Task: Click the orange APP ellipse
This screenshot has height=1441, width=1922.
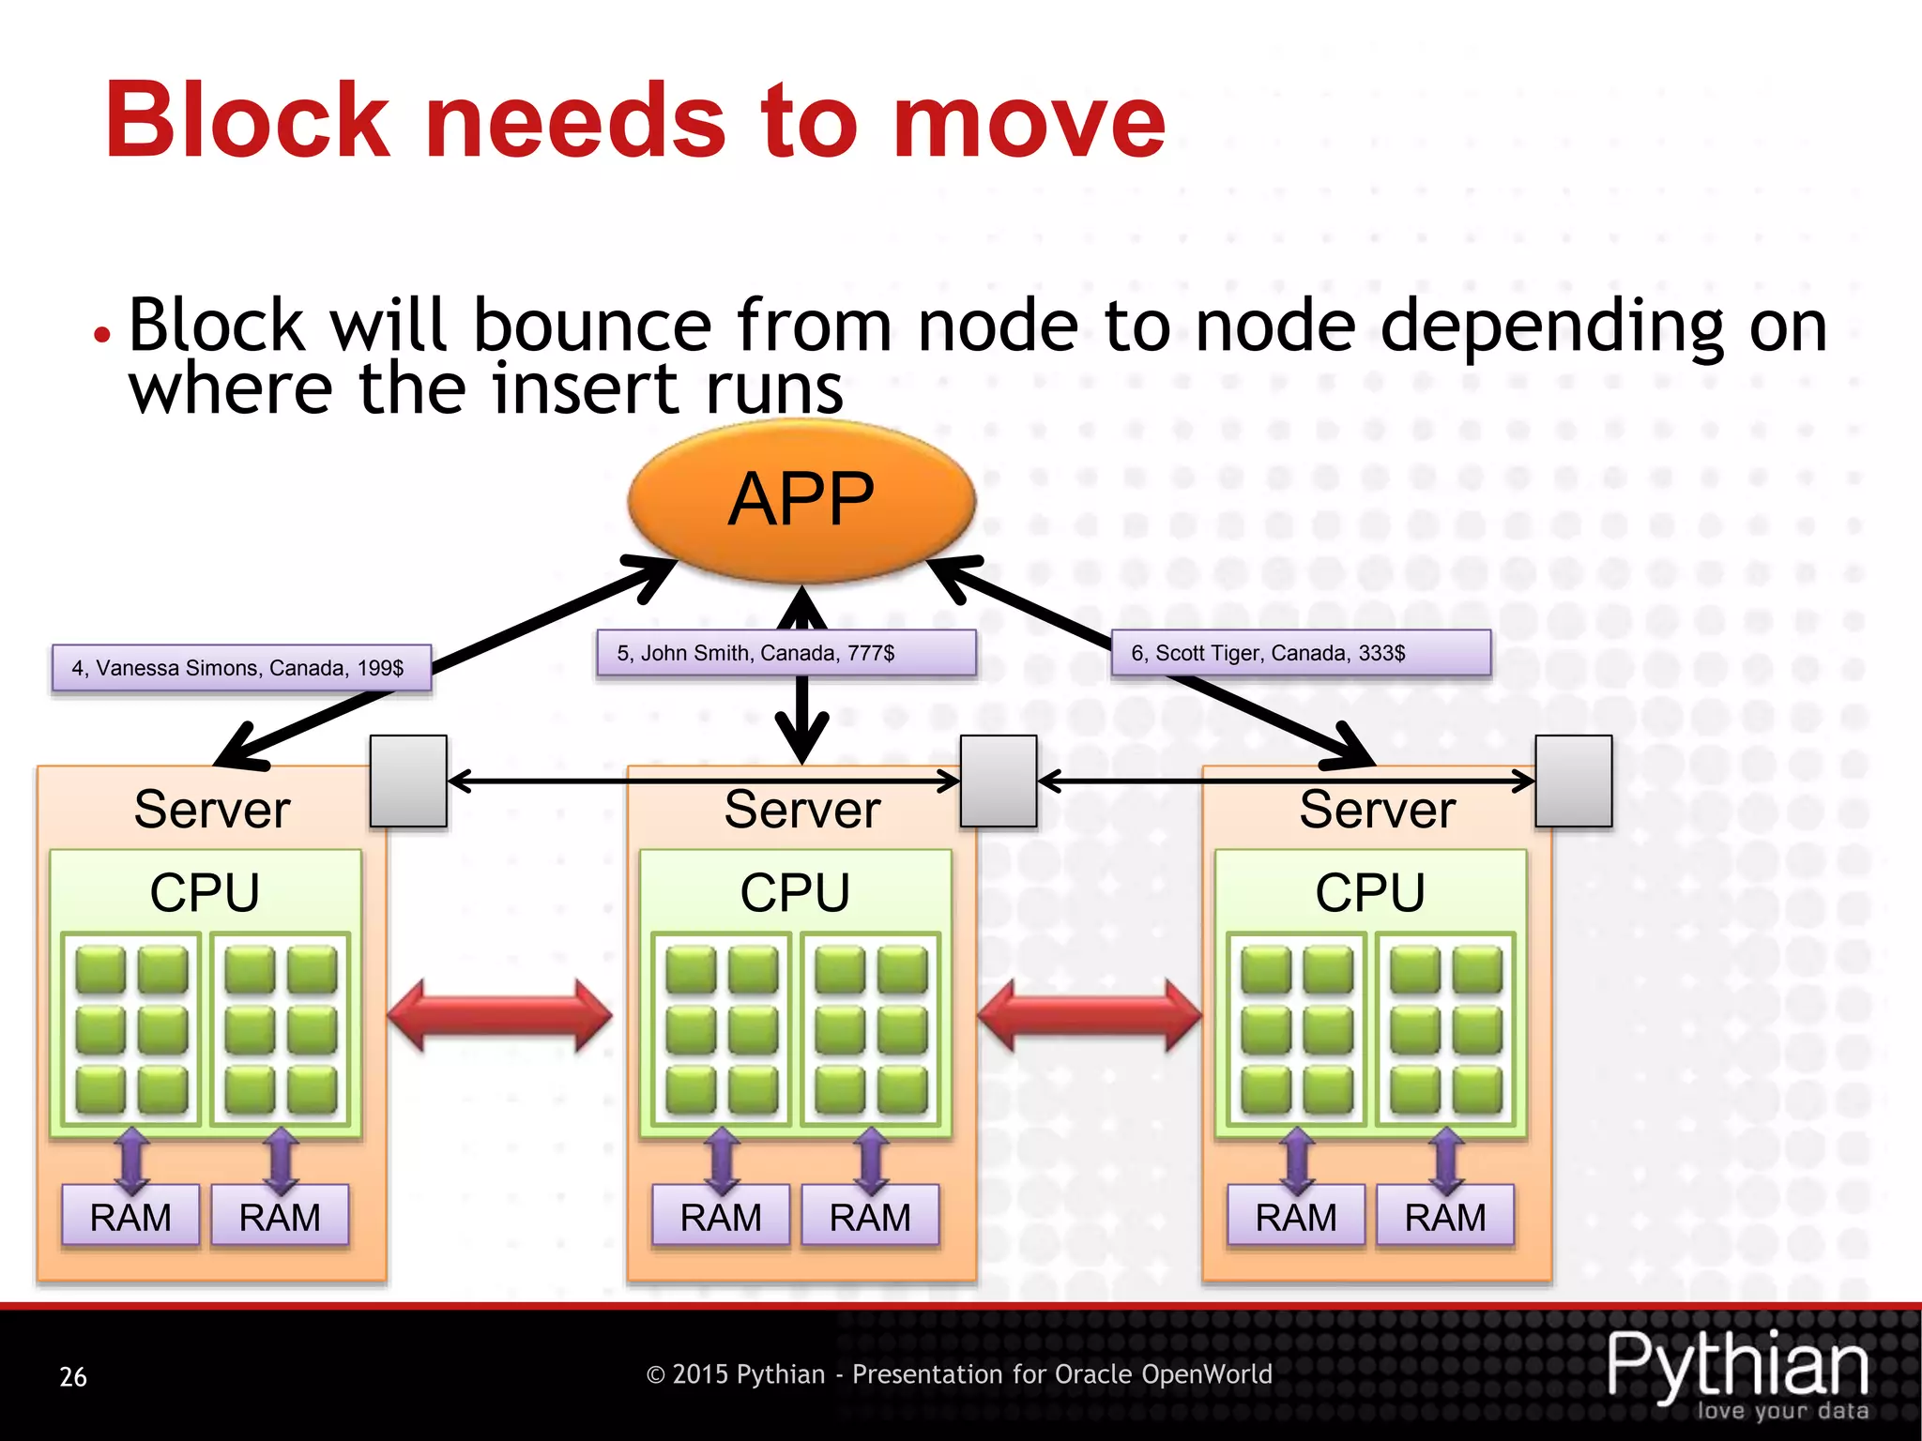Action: (801, 500)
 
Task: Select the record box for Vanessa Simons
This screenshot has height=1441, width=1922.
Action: (241, 668)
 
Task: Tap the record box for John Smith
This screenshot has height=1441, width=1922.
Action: (786, 653)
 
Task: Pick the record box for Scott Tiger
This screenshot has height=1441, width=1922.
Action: (1301, 653)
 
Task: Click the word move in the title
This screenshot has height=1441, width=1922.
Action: (1028, 122)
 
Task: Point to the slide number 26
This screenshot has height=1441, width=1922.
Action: (73, 1376)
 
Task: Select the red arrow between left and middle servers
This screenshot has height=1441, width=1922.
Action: (499, 1016)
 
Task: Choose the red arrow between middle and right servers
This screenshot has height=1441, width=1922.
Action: (1089, 1016)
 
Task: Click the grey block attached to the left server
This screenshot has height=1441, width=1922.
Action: (408, 781)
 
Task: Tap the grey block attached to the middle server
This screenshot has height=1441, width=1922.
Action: (999, 781)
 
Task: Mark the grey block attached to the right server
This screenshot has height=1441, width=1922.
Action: (1574, 781)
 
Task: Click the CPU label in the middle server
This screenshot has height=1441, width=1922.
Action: (795, 892)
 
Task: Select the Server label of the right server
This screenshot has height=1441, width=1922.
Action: (1377, 810)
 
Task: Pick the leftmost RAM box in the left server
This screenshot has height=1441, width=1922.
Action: (130, 1217)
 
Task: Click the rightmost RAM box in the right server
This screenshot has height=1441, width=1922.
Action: (1445, 1217)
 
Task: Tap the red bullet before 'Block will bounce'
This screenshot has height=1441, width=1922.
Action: (102, 334)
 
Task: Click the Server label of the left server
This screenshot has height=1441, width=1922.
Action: (212, 810)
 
